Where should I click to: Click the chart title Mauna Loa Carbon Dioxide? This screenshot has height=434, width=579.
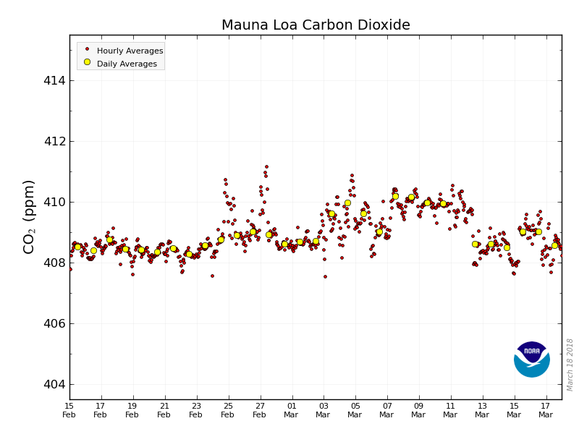[x=316, y=25]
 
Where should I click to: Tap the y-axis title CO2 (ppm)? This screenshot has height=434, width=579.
[x=29, y=216]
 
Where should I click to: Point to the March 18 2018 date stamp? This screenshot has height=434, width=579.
[x=570, y=365]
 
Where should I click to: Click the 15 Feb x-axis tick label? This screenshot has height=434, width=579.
[x=69, y=410]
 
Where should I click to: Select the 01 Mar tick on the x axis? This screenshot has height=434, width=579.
[x=292, y=410]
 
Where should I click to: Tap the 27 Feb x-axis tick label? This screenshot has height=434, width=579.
[x=260, y=410]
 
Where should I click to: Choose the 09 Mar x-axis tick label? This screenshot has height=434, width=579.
[x=418, y=410]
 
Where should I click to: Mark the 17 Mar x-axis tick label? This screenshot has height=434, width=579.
[x=546, y=410]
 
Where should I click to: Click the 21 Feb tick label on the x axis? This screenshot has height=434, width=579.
[x=164, y=410]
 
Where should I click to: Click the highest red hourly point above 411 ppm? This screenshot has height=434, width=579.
[x=266, y=167]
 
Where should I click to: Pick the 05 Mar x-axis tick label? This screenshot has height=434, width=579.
[x=355, y=410]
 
